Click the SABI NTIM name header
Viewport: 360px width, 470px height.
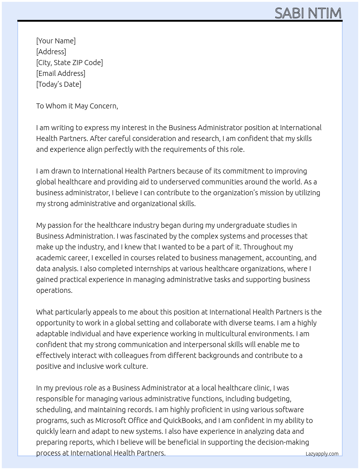[308, 13]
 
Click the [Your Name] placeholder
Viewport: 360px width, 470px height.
[56, 41]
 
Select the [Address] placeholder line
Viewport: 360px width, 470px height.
[51, 52]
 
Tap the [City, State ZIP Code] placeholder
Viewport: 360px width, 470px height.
[69, 63]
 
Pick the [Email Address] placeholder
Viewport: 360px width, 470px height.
[61, 73]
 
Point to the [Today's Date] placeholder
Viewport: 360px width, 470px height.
[59, 84]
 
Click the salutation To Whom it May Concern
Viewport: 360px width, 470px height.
[77, 106]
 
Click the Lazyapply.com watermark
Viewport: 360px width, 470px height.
[322, 454]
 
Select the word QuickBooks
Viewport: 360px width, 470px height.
[182, 420]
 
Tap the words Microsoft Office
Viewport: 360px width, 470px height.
[121, 420]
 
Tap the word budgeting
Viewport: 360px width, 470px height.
[274, 399]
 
